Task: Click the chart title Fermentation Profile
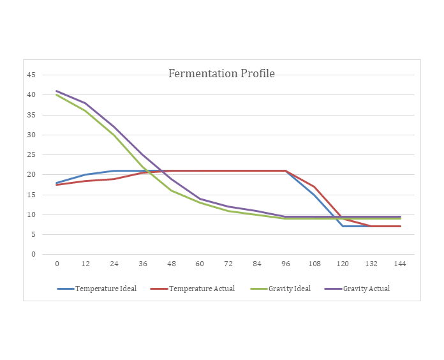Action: click(221, 73)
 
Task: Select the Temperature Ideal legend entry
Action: click(105, 289)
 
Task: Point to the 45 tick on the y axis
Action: click(31, 75)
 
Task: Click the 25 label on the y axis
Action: click(31, 154)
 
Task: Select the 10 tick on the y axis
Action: click(31, 214)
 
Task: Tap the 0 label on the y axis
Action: click(33, 254)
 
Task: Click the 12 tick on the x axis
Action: click(85, 264)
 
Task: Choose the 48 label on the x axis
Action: click(172, 264)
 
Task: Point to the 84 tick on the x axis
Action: click(257, 264)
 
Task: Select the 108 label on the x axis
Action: click(314, 264)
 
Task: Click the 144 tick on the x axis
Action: click(400, 264)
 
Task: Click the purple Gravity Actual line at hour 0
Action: click(57, 91)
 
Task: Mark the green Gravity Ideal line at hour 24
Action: click(114, 135)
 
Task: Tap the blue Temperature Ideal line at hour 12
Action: click(85, 174)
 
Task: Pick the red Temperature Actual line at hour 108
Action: click(314, 186)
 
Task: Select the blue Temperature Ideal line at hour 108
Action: click(314, 195)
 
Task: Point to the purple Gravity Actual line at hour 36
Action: click(143, 154)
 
